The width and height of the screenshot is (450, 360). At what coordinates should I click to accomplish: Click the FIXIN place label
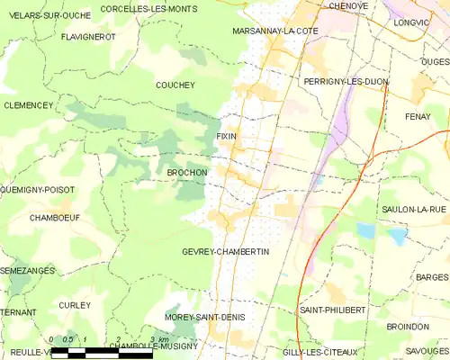click(226, 136)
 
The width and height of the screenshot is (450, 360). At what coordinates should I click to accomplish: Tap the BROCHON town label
click(187, 172)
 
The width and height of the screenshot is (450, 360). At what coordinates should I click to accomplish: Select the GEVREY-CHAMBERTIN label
click(225, 252)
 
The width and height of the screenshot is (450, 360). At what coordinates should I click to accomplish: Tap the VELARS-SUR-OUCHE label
click(39, 15)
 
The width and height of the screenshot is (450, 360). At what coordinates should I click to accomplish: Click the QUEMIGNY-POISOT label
click(38, 190)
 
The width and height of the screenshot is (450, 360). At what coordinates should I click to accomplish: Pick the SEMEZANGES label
click(28, 270)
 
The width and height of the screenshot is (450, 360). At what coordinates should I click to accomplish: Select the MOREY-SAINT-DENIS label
click(204, 318)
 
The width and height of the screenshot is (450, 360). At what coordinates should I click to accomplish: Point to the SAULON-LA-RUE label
click(414, 209)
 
